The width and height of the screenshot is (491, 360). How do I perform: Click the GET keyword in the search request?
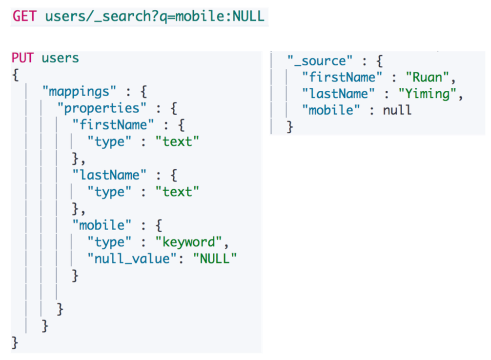[x=24, y=16]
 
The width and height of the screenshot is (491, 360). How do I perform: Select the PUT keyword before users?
[x=22, y=58]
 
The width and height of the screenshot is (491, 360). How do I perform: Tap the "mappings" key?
[x=79, y=92]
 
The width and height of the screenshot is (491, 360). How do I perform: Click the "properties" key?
[x=102, y=108]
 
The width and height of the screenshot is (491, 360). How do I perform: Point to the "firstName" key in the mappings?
[x=113, y=124]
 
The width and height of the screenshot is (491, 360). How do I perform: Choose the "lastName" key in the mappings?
[x=109, y=175]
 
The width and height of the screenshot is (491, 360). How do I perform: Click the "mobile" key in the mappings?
[x=102, y=225]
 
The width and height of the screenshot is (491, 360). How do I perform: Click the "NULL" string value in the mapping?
[x=215, y=259]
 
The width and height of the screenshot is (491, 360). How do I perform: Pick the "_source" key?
[x=320, y=60]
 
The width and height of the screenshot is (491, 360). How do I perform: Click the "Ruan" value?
[x=428, y=77]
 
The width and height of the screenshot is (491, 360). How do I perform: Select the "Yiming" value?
[x=428, y=94]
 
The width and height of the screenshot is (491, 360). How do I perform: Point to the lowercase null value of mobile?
[x=397, y=110]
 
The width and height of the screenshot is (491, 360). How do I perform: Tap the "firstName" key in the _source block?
[x=342, y=77]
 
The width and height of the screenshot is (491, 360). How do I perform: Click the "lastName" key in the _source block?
[x=338, y=94]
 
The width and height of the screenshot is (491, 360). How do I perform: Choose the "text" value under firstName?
[x=177, y=141]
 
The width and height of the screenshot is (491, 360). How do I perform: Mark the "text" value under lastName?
[x=177, y=192]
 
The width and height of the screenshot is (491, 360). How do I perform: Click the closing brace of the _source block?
[x=290, y=127]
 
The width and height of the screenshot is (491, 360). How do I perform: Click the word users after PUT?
[x=60, y=58]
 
